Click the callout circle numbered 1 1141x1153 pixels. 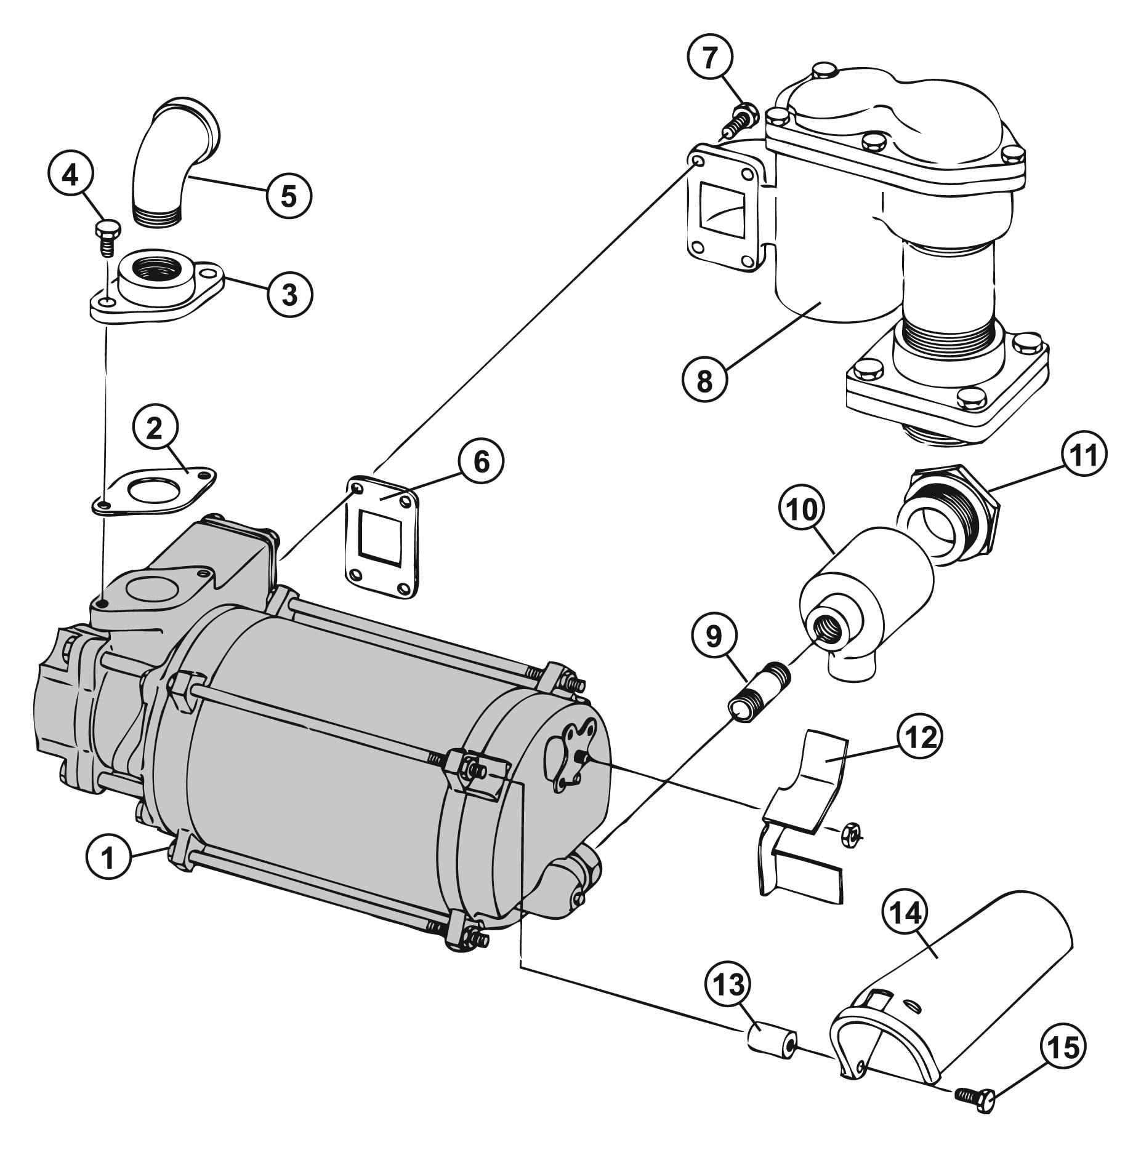(108, 856)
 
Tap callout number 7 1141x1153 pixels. (710, 58)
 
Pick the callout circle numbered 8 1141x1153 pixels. (704, 380)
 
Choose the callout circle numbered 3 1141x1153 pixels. (289, 294)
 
